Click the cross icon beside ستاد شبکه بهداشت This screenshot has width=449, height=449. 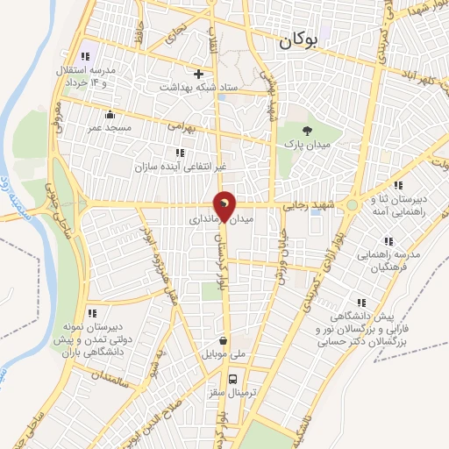199,74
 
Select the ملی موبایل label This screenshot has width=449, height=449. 224,356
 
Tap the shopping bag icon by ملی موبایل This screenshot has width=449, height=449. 224,341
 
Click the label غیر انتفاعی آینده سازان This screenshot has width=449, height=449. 173,166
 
